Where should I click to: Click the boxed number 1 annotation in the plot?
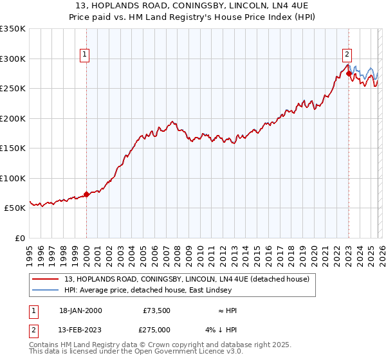(86, 55)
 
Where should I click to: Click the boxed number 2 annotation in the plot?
(347, 55)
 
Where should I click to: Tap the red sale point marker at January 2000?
(86, 194)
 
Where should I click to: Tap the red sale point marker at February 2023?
(349, 73)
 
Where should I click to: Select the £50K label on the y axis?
(15, 208)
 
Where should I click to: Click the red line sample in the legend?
(46, 279)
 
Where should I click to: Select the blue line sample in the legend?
(46, 290)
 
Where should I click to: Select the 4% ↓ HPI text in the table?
(223, 330)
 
